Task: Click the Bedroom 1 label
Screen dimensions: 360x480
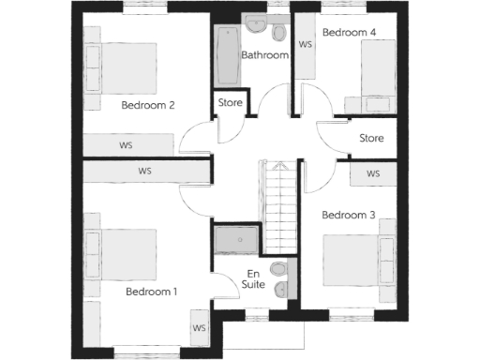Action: pyautogui.click(x=151, y=292)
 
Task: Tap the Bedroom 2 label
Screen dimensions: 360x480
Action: pyautogui.click(x=148, y=105)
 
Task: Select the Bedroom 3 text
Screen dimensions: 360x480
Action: pyautogui.click(x=348, y=216)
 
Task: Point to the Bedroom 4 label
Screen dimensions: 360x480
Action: pyautogui.click(x=349, y=33)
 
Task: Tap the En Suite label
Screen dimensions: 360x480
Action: pyautogui.click(x=253, y=277)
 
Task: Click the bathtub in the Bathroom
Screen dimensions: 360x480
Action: pyautogui.click(x=228, y=55)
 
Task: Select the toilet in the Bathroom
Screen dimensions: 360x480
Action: pyautogui.click(x=278, y=33)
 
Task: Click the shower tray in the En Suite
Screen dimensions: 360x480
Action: pyautogui.click(x=234, y=240)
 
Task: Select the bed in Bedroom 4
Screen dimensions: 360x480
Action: pyautogui.click(x=376, y=75)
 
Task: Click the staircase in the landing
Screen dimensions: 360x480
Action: pyautogui.click(x=277, y=206)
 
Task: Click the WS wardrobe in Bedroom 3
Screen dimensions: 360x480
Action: pyautogui.click(x=373, y=174)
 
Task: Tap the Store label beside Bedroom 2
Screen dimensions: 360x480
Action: pyautogui.click(x=231, y=102)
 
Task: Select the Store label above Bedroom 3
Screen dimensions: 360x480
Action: pyautogui.click(x=372, y=139)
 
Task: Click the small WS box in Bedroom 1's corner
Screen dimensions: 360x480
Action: pyautogui.click(x=199, y=328)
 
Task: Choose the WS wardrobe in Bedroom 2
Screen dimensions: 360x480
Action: pyautogui.click(x=127, y=146)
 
